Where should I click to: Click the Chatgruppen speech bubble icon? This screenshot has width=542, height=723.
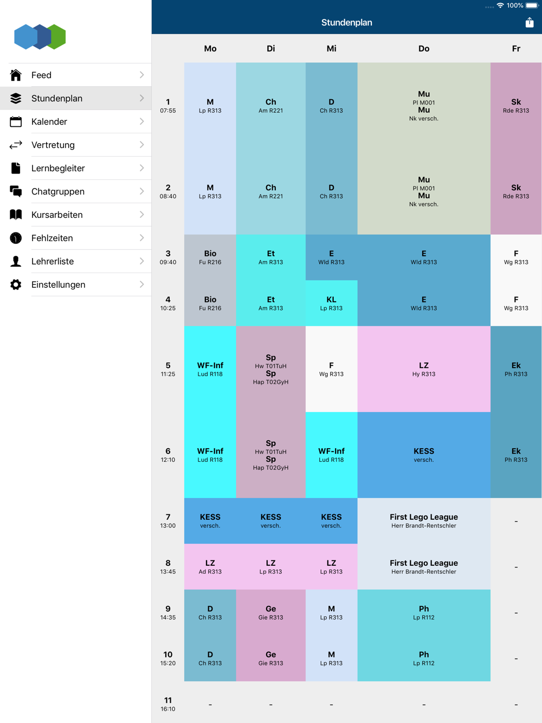(x=16, y=191)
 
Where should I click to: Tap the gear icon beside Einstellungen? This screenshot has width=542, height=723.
(x=16, y=285)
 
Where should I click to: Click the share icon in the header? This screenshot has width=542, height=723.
(x=530, y=22)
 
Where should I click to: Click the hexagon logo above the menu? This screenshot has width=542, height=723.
(x=40, y=37)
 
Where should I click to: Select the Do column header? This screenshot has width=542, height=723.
(x=424, y=49)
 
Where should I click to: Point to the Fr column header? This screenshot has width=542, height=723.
(x=516, y=49)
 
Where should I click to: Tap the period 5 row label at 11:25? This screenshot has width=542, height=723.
(x=168, y=369)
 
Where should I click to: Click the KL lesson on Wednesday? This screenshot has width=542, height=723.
(x=331, y=303)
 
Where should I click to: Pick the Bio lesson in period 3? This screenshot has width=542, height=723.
(x=210, y=257)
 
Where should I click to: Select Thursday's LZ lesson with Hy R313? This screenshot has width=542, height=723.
(x=424, y=369)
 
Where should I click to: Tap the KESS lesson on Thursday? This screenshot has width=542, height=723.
(x=424, y=455)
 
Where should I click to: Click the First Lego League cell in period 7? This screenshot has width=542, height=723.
(x=424, y=521)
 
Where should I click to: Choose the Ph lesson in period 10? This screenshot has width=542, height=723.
(x=424, y=658)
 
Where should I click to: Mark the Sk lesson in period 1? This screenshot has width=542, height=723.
(x=516, y=106)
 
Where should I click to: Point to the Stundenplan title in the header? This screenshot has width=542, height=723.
(x=346, y=22)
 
